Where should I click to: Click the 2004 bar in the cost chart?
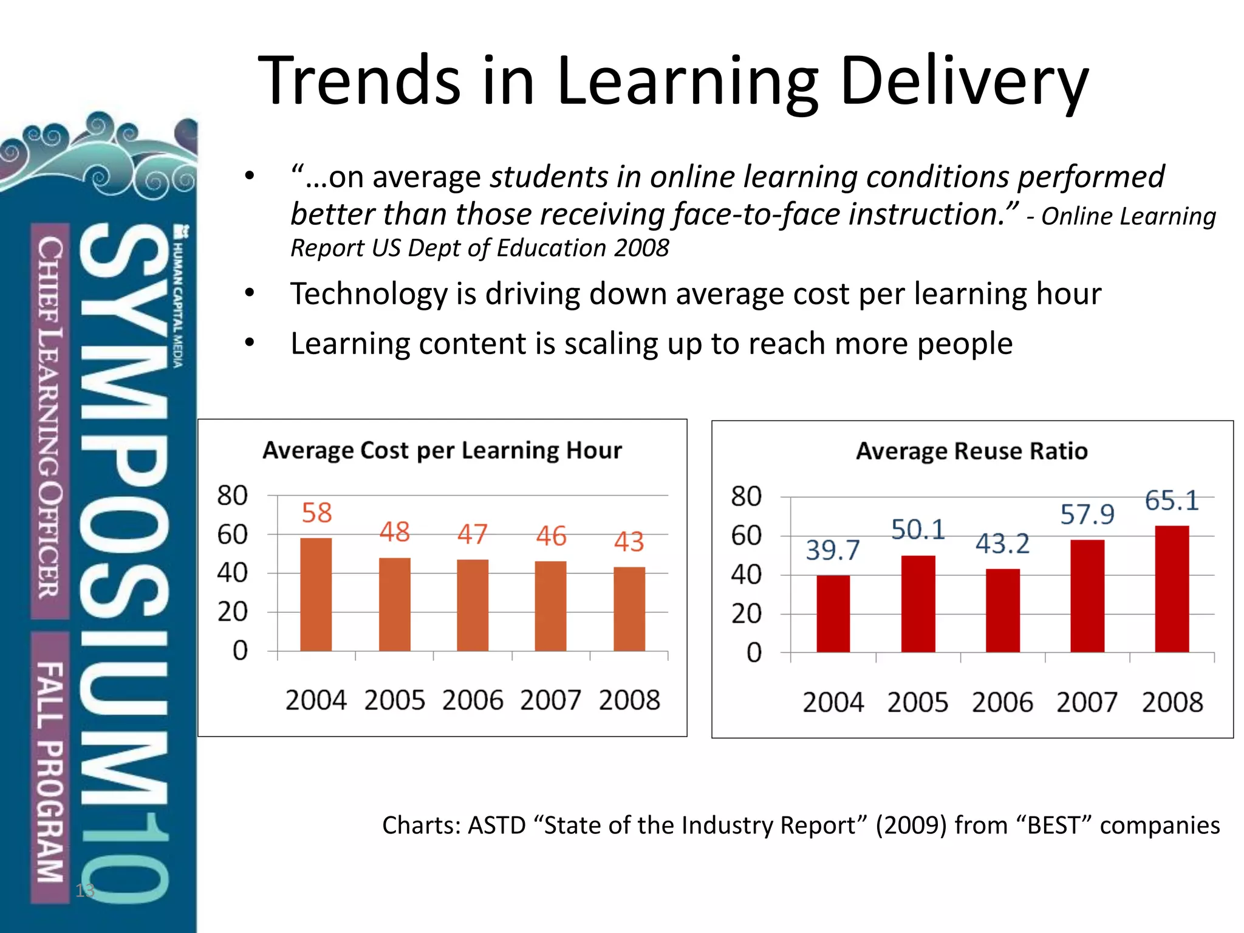tap(316, 594)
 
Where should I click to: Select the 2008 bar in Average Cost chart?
tap(629, 609)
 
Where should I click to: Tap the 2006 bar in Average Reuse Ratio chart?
tap(1002, 610)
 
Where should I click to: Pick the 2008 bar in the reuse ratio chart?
tap(1172, 589)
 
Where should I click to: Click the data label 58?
tap(316, 513)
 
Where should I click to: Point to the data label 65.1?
tap(1172, 501)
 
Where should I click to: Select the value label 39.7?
tap(833, 550)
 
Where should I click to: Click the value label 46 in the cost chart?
tap(551, 536)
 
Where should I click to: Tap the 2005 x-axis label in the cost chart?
tap(394, 700)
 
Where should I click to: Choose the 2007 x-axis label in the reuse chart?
tap(1087, 703)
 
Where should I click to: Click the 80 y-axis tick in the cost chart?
tap(233, 496)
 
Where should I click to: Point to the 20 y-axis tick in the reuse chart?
tap(746, 614)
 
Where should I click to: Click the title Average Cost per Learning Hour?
tap(442, 450)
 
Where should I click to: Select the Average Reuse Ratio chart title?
tap(972, 451)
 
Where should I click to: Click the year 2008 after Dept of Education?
tap(641, 248)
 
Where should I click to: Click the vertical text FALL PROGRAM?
tap(50, 771)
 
